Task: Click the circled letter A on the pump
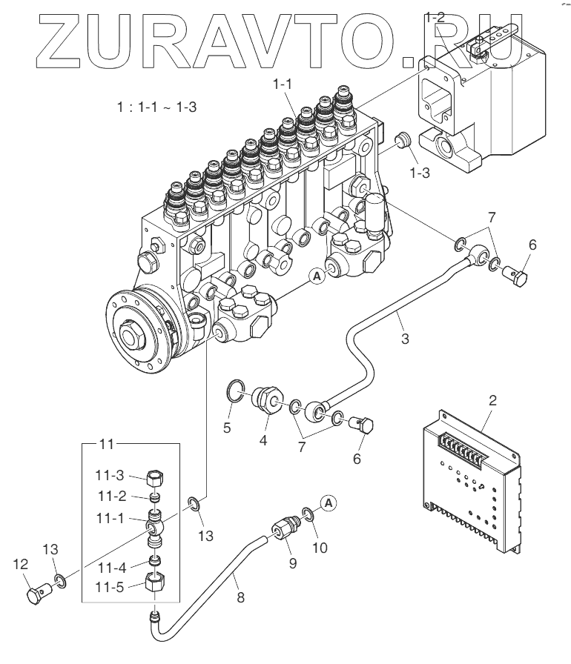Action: coord(317,276)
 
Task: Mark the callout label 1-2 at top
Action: coord(436,16)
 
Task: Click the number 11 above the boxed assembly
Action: coord(107,445)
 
